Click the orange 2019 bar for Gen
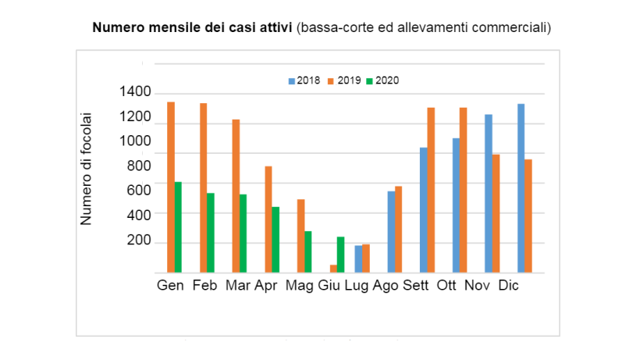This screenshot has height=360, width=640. pos(170,187)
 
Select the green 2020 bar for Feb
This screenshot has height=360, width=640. pos(211,233)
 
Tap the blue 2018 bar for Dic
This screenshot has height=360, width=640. pos(521,188)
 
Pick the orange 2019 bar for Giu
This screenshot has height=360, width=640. pos(333,269)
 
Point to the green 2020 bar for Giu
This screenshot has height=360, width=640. pos(341,255)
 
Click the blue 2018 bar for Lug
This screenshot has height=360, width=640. pos(358,259)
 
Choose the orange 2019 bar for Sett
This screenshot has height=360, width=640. pos(431,190)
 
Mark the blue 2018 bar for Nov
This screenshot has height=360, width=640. pos(489,194)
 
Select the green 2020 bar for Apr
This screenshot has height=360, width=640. pos(276,240)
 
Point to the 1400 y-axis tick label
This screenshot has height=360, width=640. pos(135,92)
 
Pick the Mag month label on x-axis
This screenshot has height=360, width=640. pos(300,285)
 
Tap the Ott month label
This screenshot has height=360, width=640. pos(446,285)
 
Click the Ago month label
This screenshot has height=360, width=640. pos(386,285)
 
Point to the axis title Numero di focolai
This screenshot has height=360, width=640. pos(87,169)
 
